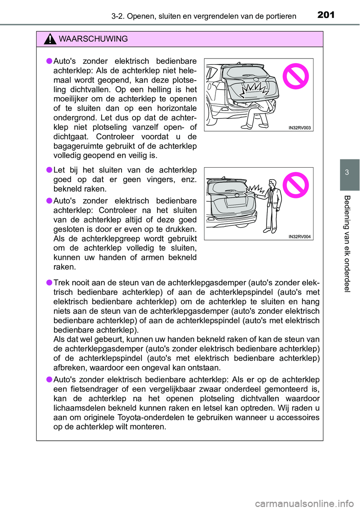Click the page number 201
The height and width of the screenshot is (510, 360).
325,15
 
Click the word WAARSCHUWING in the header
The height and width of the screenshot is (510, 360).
93,39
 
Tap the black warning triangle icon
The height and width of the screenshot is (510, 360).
50,39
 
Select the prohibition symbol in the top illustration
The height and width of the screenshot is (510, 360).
295,76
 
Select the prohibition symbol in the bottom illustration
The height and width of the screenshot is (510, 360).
295,185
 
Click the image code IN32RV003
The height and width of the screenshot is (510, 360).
299,128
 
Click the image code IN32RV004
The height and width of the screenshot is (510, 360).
299,237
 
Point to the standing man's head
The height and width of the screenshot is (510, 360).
273,184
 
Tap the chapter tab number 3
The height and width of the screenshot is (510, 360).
347,172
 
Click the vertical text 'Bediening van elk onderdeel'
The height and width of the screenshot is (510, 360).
347,244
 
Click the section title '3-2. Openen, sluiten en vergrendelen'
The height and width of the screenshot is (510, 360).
204,16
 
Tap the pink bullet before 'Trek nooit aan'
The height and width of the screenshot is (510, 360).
49,282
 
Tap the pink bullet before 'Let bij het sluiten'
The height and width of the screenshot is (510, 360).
49,170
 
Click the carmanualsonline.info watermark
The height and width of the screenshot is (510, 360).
304,503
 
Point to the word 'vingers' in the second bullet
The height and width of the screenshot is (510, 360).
160,180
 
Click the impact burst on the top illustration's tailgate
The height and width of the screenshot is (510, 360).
255,89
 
